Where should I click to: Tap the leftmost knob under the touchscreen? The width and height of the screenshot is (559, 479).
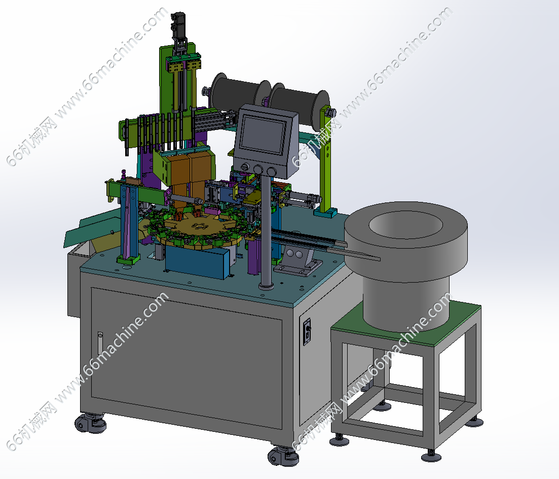click(x=245, y=167)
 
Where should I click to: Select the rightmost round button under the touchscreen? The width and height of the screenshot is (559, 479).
click(x=272, y=172)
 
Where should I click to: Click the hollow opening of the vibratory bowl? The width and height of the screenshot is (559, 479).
click(x=405, y=225)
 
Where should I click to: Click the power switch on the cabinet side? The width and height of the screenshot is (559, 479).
click(x=307, y=332)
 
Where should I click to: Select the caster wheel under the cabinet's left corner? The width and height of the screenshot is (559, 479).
click(x=90, y=423)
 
